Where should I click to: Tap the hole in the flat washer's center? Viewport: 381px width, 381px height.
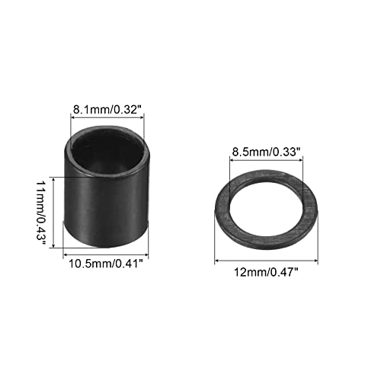coord(262,205)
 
